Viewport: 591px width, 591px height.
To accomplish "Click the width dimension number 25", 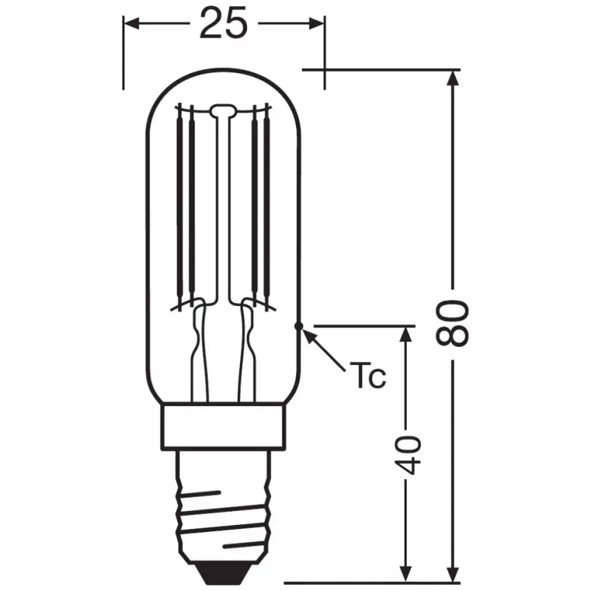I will [x=223, y=24].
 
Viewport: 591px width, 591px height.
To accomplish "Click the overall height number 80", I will [x=453, y=324].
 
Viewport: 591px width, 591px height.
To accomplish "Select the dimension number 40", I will [x=410, y=455].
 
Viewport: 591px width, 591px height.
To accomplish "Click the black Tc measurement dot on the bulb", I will [x=299, y=325].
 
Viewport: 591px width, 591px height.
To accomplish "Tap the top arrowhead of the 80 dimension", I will [x=453, y=79].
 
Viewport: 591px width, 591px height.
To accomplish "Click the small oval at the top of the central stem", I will [x=223, y=109].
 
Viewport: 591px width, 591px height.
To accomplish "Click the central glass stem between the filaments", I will [x=223, y=209].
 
